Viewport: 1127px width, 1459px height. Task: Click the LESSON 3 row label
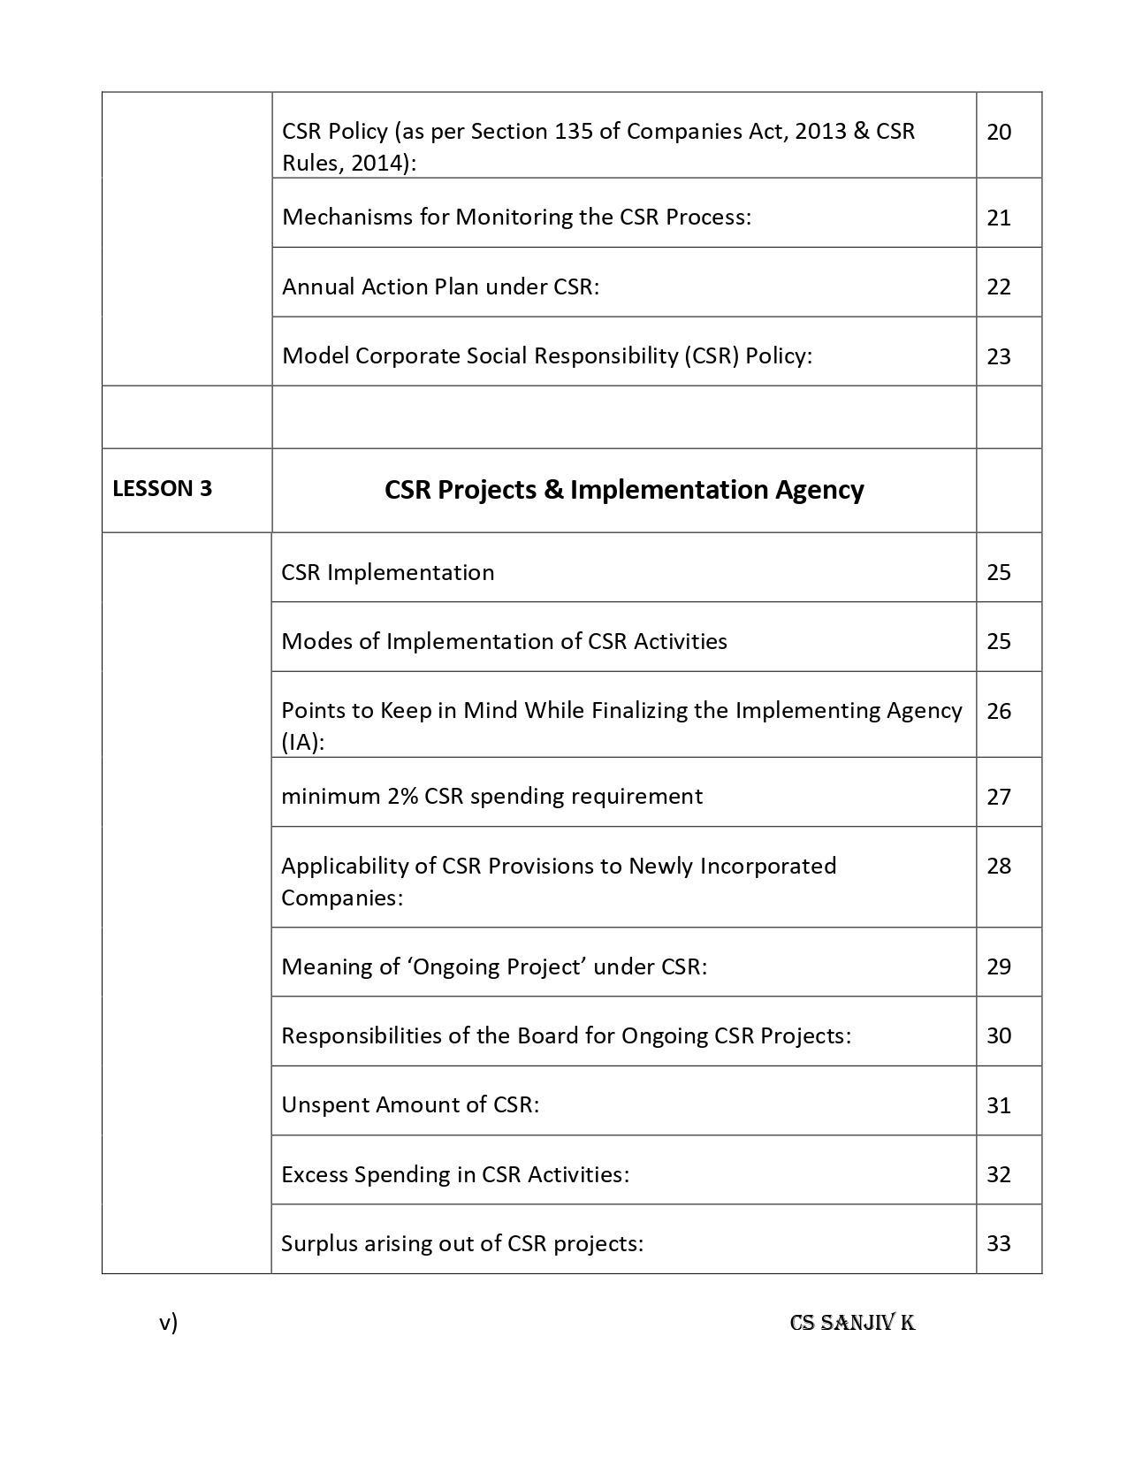point(162,489)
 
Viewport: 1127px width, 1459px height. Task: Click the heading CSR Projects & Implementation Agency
point(624,490)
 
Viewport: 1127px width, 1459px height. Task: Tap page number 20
point(999,133)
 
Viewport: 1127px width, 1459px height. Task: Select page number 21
point(999,218)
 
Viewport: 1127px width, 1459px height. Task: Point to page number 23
point(999,356)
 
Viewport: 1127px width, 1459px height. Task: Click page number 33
point(999,1243)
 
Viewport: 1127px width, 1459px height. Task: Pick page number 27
point(999,797)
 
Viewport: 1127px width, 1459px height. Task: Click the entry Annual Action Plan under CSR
point(440,286)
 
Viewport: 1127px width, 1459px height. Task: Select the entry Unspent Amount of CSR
point(410,1104)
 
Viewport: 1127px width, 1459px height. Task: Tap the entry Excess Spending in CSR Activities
point(455,1174)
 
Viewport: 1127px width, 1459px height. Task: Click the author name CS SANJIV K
point(852,1323)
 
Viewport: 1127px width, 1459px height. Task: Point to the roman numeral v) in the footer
point(168,1323)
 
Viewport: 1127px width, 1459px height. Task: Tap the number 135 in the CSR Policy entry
point(574,132)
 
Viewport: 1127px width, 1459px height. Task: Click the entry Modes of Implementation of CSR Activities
point(504,641)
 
